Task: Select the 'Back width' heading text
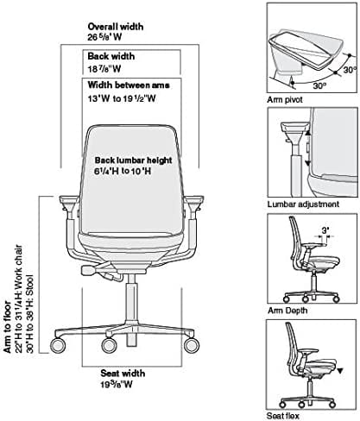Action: click(112, 55)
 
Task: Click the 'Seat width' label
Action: click(117, 374)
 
